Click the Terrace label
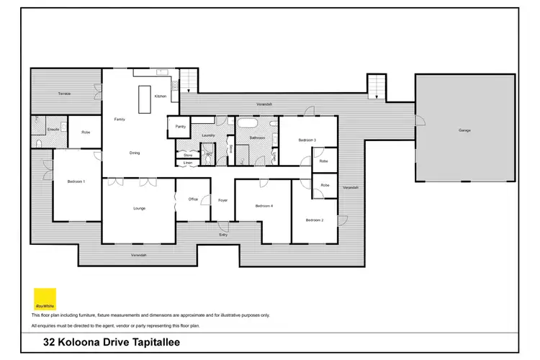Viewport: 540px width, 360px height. tap(65, 94)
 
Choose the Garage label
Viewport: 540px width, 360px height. tap(464, 130)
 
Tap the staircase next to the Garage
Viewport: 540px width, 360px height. tap(376, 87)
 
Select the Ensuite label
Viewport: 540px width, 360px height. tap(53, 130)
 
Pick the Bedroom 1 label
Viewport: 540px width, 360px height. tap(76, 181)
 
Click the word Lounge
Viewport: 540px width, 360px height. tap(140, 208)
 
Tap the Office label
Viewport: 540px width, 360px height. tap(193, 199)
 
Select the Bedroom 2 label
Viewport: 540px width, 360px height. tap(314, 220)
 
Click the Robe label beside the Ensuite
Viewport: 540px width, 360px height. tap(85, 132)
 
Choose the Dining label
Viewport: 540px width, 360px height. tap(135, 153)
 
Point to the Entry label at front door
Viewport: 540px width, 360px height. tap(223, 235)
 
